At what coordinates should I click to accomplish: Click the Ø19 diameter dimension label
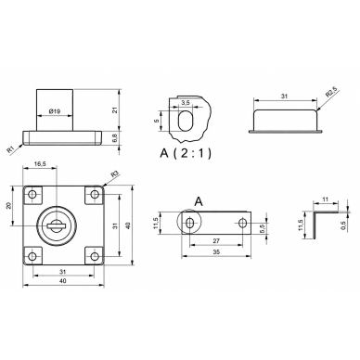[55, 111]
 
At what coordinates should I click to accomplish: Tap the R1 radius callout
[11, 149]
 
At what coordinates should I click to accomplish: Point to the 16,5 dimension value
[40, 164]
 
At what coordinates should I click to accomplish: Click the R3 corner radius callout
[115, 174]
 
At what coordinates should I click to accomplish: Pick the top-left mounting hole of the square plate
[32, 194]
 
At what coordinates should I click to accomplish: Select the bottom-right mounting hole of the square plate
[95, 256]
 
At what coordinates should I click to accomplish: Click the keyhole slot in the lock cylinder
[57, 225]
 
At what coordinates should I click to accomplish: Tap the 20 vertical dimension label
[8, 206]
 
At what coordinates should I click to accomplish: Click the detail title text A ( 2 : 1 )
[186, 153]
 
